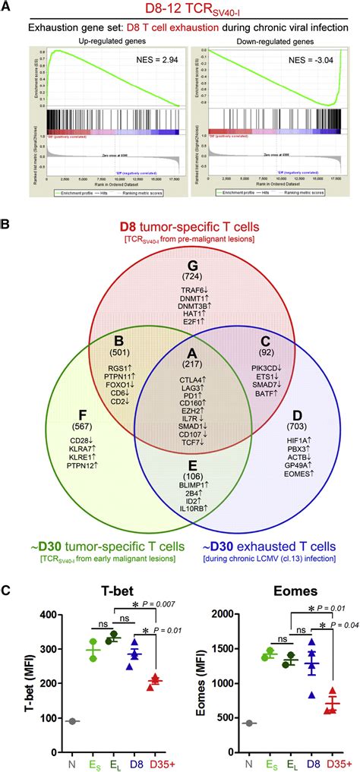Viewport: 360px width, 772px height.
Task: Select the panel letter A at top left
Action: click(7, 7)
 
